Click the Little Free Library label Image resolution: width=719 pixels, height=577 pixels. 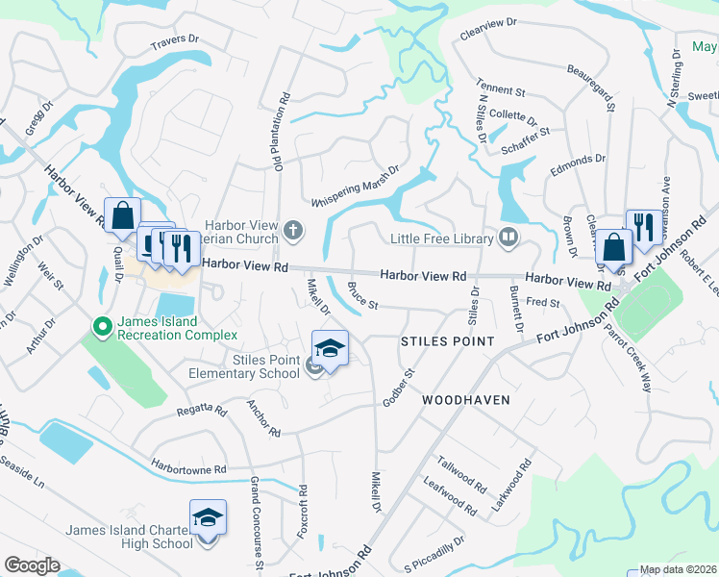pyautogui.click(x=441, y=238)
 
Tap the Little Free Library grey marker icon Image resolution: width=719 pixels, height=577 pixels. pyautogui.click(x=508, y=237)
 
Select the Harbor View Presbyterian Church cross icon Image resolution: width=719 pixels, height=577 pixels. pyautogui.click(x=293, y=230)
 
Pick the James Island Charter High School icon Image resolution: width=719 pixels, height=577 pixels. pyautogui.click(x=208, y=519)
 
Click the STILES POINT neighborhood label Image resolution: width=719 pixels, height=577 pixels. pyautogui.click(x=447, y=341)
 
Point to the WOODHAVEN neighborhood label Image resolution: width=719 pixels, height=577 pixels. pyautogui.click(x=465, y=398)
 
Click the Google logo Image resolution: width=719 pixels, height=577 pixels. pyautogui.click(x=32, y=565)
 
